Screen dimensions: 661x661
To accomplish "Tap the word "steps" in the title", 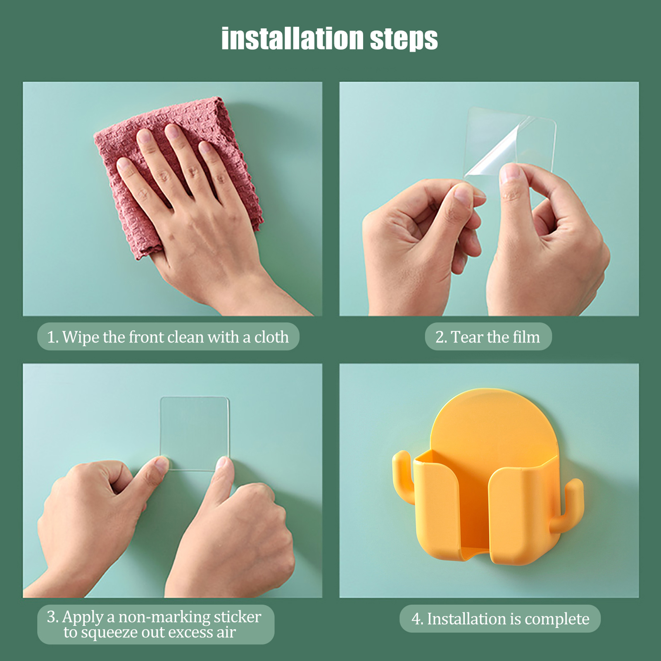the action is click(x=404, y=40).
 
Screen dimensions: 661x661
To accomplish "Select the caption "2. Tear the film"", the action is click(x=488, y=337).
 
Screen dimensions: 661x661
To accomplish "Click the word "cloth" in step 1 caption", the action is click(x=271, y=337).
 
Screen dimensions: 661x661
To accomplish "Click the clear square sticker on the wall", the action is click(x=194, y=434).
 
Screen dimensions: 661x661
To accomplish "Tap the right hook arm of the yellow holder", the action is click(x=573, y=506).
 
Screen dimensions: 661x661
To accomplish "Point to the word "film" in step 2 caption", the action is click(x=526, y=337).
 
